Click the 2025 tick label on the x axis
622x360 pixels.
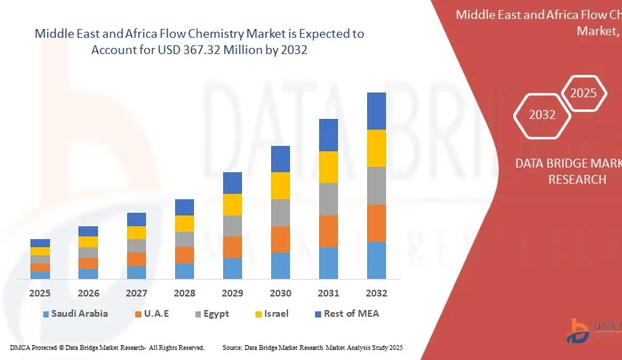pos(40,293)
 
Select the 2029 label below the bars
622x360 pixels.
pos(233,293)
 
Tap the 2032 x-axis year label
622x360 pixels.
pos(377,293)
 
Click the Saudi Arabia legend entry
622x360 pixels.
pos(75,313)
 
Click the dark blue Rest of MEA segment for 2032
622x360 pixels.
pos(377,111)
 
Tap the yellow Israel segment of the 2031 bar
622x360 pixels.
pos(329,167)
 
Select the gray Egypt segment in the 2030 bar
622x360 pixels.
pos(281,212)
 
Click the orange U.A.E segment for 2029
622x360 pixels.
pos(233,247)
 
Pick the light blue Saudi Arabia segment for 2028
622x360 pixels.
pos(185,271)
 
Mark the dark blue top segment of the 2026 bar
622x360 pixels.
pos(89,231)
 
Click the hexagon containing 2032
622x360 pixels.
pos(542,115)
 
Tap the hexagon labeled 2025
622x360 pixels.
pos(583,93)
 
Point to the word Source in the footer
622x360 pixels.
pos(232,347)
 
